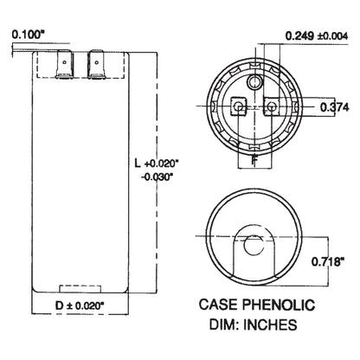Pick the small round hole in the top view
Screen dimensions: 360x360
[x=254, y=81]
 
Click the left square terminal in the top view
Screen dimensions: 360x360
[x=238, y=108]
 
